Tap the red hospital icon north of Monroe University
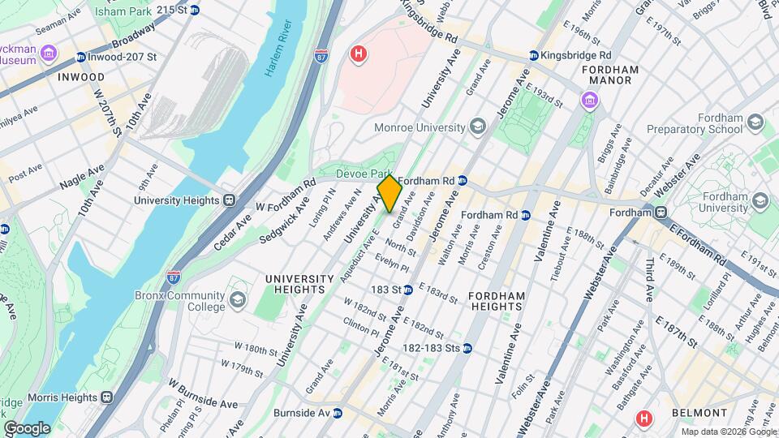coord(358,54)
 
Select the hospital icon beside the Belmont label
coord(645,419)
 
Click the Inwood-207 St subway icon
coord(80,57)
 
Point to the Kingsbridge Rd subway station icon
coord(533,55)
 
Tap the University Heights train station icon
coord(230,200)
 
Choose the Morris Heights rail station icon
coord(105,397)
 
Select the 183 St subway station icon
coord(410,290)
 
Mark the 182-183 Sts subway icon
coord(467,348)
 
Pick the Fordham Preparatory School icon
coord(755,122)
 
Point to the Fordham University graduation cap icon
coord(760,200)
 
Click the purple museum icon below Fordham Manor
coord(587,101)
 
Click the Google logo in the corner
coord(27,427)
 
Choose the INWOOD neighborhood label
coord(81,77)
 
